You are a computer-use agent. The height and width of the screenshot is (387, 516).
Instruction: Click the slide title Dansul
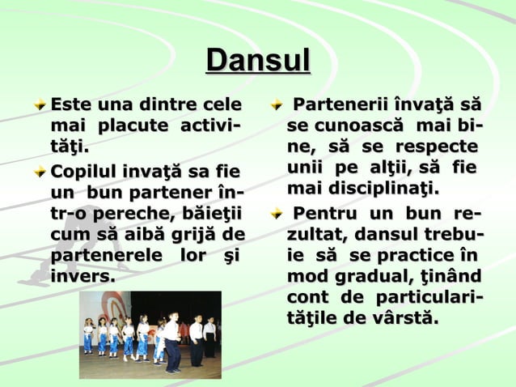coord(258,61)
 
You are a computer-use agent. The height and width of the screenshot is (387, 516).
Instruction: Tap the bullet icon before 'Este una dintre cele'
coord(40,105)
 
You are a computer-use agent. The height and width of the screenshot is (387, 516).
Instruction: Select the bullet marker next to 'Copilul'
coord(40,172)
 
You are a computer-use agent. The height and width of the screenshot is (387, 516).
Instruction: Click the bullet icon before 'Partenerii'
coord(277,105)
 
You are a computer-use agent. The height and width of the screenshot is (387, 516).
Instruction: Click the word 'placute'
coord(133,128)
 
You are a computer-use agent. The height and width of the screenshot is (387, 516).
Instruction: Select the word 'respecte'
coord(438,149)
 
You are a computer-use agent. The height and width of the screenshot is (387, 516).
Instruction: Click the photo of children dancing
coord(150,334)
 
